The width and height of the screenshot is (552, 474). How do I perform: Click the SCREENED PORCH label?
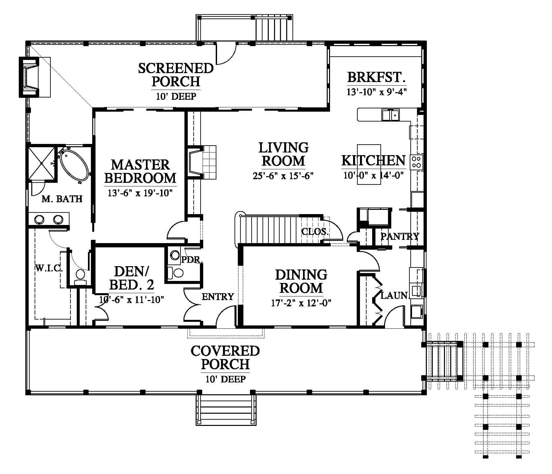tap(176, 74)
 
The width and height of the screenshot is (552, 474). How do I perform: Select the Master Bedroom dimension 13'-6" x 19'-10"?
tap(140, 193)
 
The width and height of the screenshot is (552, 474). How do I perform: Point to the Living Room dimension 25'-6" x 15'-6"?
tap(283, 176)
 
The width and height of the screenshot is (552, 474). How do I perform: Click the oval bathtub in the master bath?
tap(74, 165)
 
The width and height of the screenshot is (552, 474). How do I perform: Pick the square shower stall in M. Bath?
tap(41, 164)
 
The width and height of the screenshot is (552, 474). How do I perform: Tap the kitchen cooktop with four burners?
tap(416, 162)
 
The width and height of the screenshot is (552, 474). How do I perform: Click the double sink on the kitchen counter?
tap(391, 115)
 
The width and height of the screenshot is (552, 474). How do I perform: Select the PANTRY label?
tap(400, 236)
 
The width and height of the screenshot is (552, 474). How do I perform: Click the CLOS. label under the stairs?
tap(315, 231)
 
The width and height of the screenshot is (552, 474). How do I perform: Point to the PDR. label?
tap(192, 260)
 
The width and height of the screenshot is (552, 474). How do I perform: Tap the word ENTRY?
tap(218, 297)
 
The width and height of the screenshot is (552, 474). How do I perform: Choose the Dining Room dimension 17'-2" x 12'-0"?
tap(301, 303)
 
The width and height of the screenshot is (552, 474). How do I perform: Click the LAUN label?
tap(394, 295)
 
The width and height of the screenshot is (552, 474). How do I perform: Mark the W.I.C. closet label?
tap(49, 268)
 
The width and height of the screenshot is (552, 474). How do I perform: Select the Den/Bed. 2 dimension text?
tap(132, 299)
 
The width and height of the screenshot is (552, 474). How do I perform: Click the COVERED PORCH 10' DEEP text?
tap(225, 364)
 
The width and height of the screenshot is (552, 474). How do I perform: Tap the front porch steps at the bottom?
tap(226, 409)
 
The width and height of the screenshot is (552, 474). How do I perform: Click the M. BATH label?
tap(62, 199)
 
